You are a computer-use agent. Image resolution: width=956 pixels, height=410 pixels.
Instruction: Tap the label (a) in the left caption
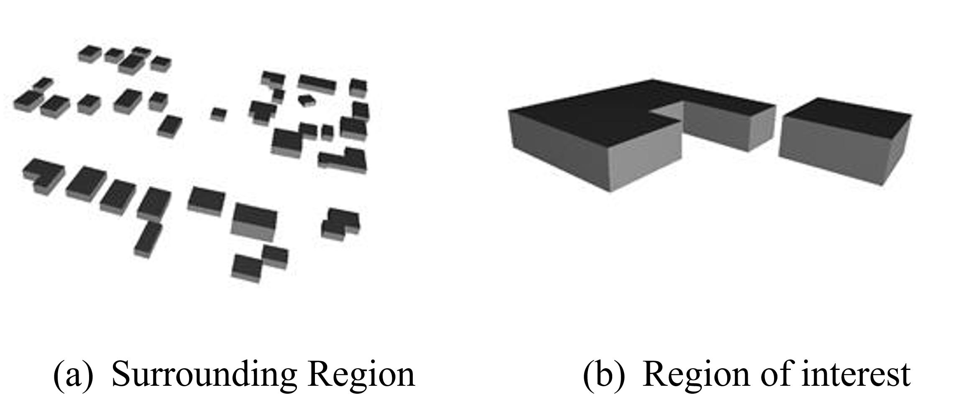click(x=73, y=375)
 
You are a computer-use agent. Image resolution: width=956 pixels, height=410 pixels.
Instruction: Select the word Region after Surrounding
click(x=361, y=374)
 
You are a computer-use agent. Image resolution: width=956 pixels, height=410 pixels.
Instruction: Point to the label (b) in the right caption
click(x=603, y=375)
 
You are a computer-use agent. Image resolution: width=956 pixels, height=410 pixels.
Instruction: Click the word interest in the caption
click(x=855, y=374)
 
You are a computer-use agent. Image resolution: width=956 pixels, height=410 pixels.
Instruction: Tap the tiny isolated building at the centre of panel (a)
click(x=218, y=113)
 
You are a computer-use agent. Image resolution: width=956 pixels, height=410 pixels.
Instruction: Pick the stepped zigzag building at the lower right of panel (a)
click(x=340, y=223)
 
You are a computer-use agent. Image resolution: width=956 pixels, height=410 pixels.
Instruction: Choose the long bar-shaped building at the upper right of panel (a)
click(x=317, y=84)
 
